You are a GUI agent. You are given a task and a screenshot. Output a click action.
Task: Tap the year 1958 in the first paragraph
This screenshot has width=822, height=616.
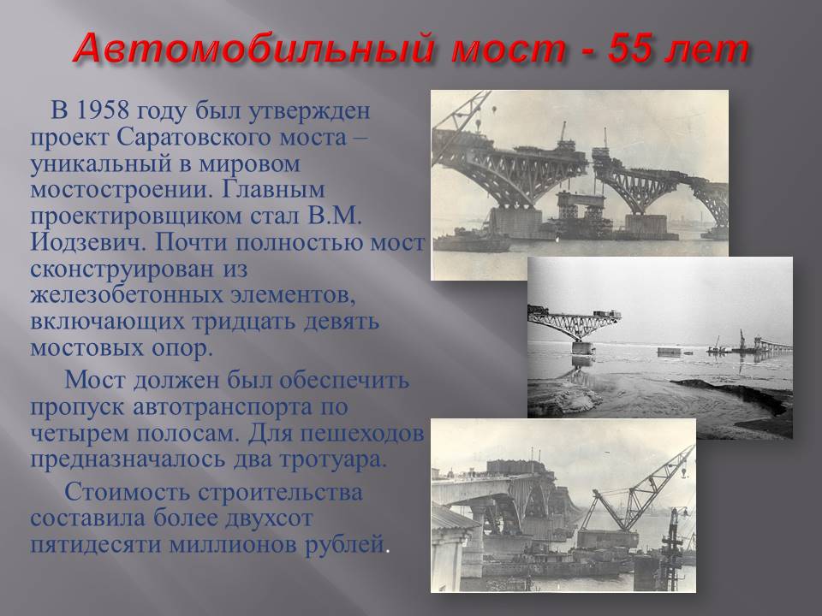pos(102,110)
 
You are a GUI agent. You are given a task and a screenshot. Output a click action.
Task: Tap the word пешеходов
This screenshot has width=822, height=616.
pos(362,433)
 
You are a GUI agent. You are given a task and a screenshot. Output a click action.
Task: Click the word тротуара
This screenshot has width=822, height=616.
pos(332,459)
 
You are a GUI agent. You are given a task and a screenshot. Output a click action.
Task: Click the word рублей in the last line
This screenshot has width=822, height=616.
pos(344,545)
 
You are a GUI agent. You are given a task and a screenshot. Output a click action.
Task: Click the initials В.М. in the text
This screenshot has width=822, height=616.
pos(335,216)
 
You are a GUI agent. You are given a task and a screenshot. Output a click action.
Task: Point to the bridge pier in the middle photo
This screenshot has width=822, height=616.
pos(582,347)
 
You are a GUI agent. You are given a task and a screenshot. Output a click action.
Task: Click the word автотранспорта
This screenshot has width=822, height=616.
pos(222,407)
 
